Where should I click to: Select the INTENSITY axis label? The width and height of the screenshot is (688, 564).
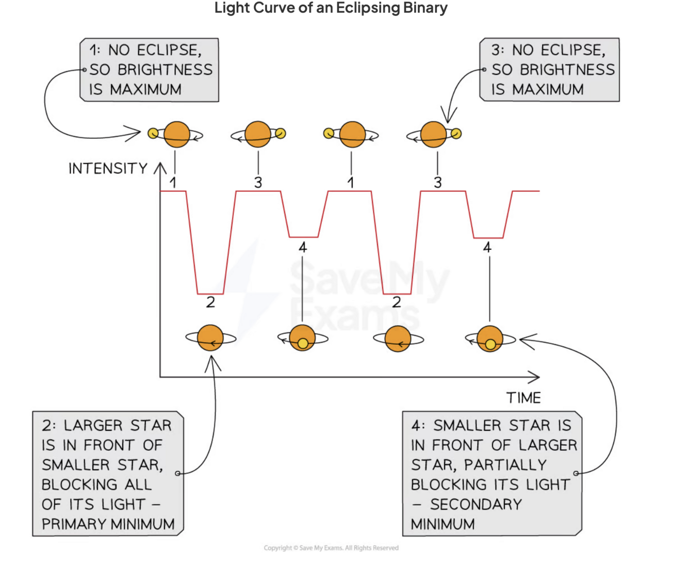pyautogui.click(x=108, y=169)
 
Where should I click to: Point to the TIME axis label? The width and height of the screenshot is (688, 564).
pyautogui.click(x=523, y=398)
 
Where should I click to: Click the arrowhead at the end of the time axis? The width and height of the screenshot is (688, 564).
pyautogui.click(x=534, y=377)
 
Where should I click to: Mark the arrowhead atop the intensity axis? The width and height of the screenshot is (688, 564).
pyautogui.click(x=160, y=168)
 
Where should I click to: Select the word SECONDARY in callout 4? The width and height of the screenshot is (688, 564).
pyautogui.click(x=476, y=504)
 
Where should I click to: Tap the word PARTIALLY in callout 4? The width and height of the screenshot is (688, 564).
pyautogui.click(x=505, y=465)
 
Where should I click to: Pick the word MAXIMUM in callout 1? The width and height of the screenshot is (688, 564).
pyautogui.click(x=146, y=90)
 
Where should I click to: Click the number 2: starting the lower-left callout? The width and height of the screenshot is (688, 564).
pyautogui.click(x=49, y=426)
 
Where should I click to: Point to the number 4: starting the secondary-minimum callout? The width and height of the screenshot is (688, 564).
pyautogui.click(x=418, y=426)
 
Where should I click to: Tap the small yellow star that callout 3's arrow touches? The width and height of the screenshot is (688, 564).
pyautogui.click(x=456, y=134)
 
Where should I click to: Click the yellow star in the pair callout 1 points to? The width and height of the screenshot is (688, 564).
pyautogui.click(x=153, y=134)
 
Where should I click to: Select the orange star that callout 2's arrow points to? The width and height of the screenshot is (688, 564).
pyautogui.click(x=210, y=339)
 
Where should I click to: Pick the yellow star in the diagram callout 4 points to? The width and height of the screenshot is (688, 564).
pyautogui.click(x=490, y=344)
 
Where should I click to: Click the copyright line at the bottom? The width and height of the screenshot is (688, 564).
pyautogui.click(x=331, y=548)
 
